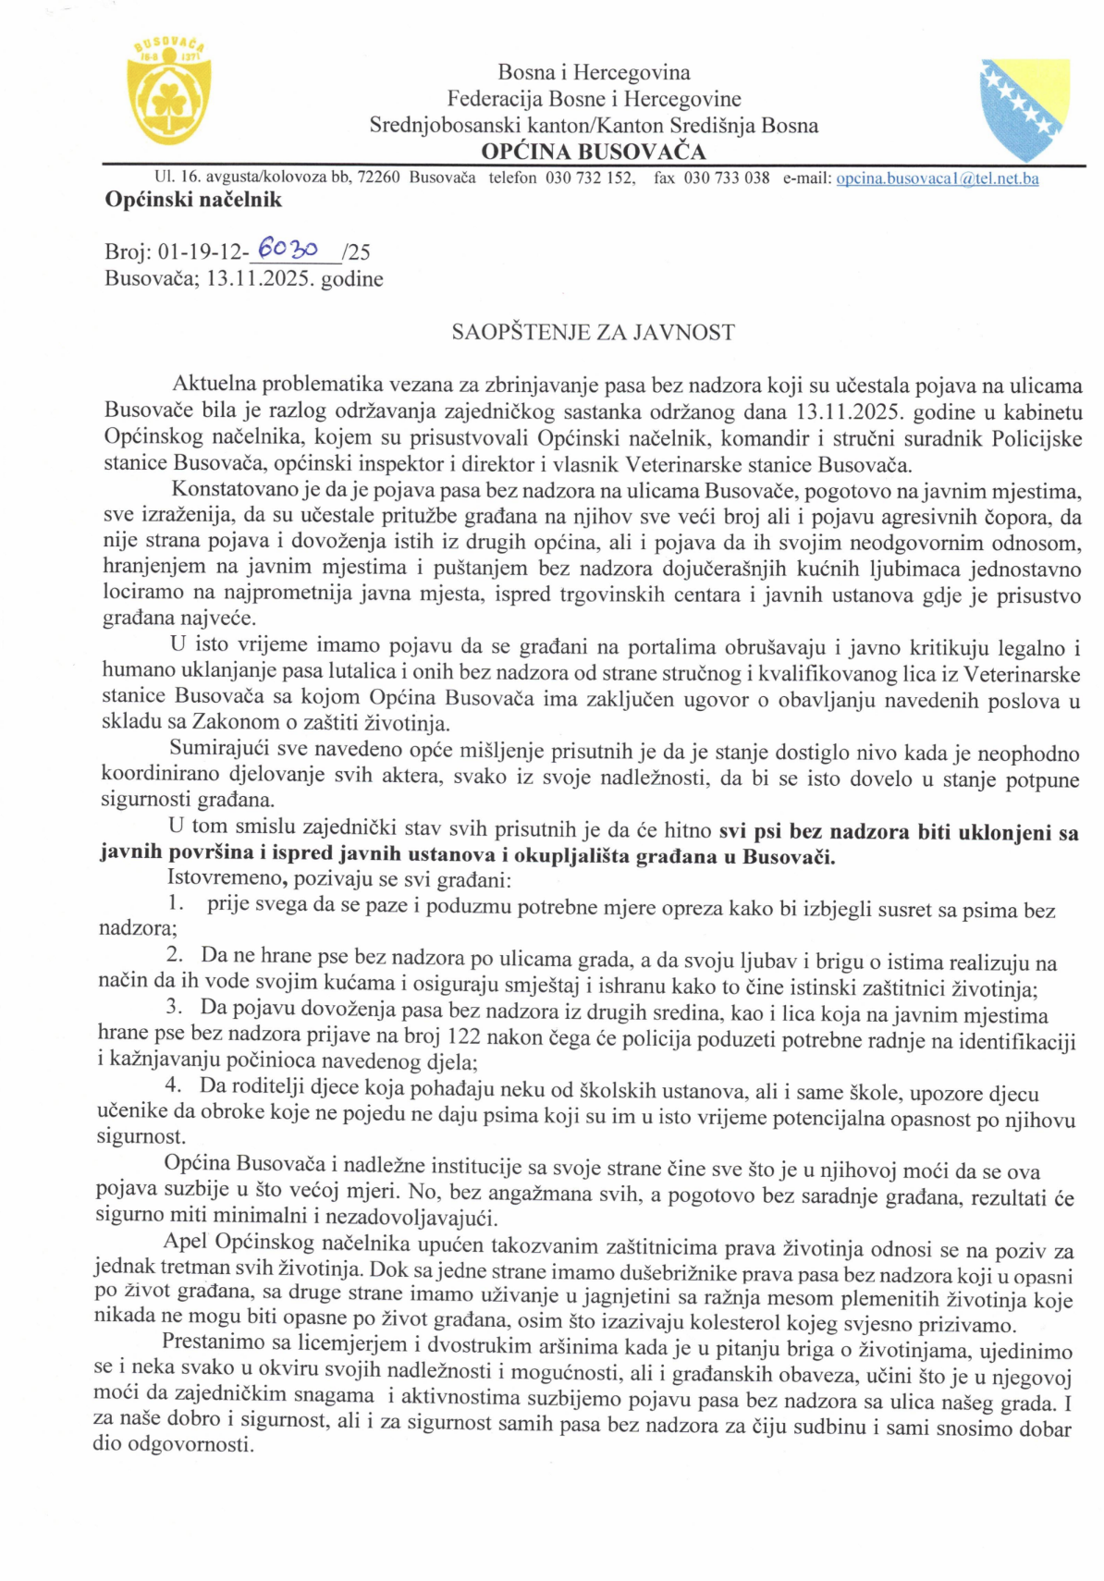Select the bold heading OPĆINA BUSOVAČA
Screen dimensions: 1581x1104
pyautogui.click(x=593, y=152)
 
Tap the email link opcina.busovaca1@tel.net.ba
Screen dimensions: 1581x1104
pyautogui.click(x=937, y=178)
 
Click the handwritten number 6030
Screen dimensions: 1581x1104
pyautogui.click(x=288, y=248)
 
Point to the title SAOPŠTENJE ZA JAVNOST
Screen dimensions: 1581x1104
pyautogui.click(x=593, y=333)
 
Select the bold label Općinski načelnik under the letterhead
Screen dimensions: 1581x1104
pyautogui.click(x=193, y=200)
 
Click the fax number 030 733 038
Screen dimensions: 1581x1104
pyautogui.click(x=726, y=178)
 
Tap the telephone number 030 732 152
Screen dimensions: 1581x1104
pyautogui.click(x=589, y=178)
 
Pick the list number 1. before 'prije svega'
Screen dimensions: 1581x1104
pyautogui.click(x=176, y=903)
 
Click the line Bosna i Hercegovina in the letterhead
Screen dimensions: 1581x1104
pyautogui.click(x=594, y=72)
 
